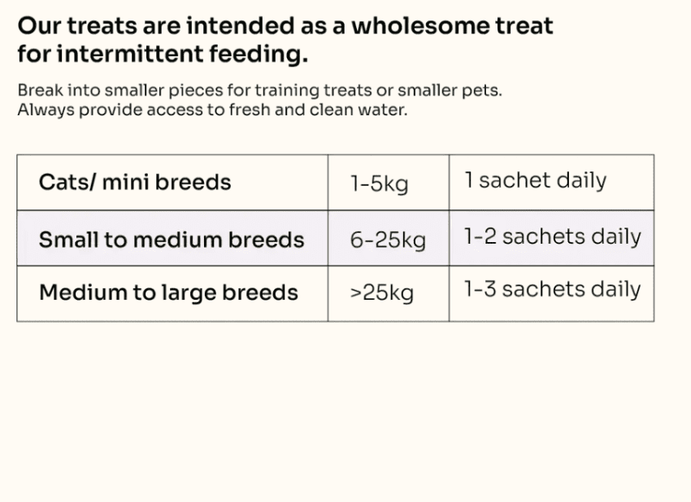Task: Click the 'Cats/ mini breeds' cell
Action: [135, 182]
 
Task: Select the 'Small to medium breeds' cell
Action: [172, 240]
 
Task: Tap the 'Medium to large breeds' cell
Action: [168, 292]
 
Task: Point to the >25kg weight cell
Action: [382, 292]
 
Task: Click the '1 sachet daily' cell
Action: [536, 180]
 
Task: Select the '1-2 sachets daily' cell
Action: [552, 237]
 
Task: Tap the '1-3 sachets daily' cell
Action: [552, 289]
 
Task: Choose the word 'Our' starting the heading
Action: [38, 25]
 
